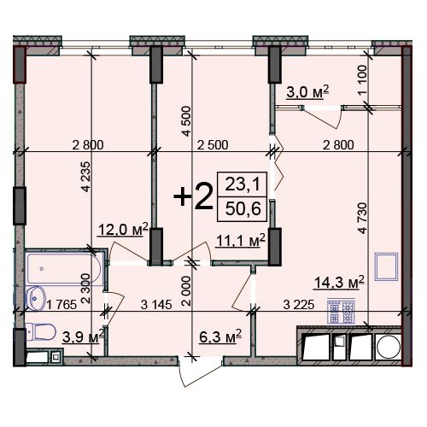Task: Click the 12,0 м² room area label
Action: click(123, 230)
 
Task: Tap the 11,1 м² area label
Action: click(241, 241)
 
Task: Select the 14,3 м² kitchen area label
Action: click(339, 283)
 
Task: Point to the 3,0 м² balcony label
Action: click(307, 91)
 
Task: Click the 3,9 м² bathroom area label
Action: click(83, 337)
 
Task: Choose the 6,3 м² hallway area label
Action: click(220, 336)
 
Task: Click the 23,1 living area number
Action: click(243, 184)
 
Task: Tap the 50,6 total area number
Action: click(243, 208)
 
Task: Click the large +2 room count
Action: click(194, 196)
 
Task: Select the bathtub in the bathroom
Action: click(64, 268)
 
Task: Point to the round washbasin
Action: click(35, 298)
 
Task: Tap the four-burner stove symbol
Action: click(341, 311)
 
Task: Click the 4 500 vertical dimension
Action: click(186, 121)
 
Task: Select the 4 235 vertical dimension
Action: click(86, 177)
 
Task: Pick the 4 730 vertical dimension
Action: click(362, 218)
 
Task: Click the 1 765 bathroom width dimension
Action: click(61, 305)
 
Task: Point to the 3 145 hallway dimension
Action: click(156, 305)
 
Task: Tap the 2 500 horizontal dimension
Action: click(213, 145)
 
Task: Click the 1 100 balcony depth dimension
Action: click(362, 80)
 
